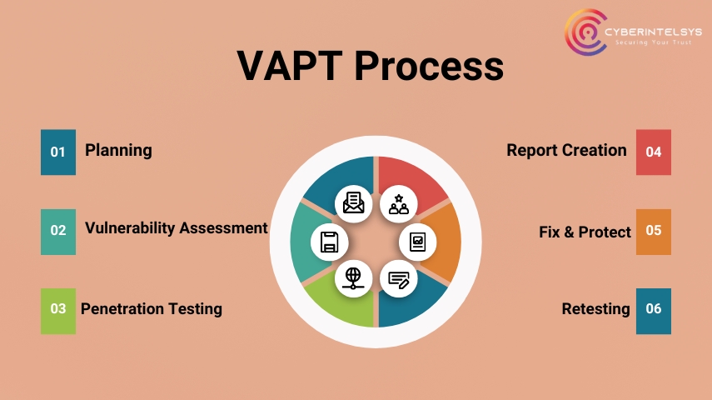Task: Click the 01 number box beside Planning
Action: click(x=58, y=152)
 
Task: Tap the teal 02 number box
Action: click(x=58, y=232)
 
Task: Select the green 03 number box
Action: click(x=58, y=312)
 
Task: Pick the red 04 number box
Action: click(x=654, y=152)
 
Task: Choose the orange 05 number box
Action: click(x=654, y=232)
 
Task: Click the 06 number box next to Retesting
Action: click(x=654, y=312)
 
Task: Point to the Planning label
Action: click(x=118, y=151)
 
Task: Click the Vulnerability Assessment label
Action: click(x=177, y=227)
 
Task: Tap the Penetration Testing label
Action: click(x=152, y=309)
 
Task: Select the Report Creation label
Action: click(x=567, y=150)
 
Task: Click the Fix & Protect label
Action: click(x=585, y=232)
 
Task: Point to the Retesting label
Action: click(x=595, y=309)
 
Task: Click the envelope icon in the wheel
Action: click(x=353, y=203)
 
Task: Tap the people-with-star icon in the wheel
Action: click(x=399, y=204)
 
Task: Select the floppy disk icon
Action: click(x=329, y=242)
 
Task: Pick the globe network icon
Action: click(x=353, y=278)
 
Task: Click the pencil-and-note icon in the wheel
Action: click(x=399, y=279)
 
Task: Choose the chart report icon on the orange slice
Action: click(x=418, y=242)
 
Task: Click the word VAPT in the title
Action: click(x=289, y=66)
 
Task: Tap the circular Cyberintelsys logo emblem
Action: click(x=585, y=32)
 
